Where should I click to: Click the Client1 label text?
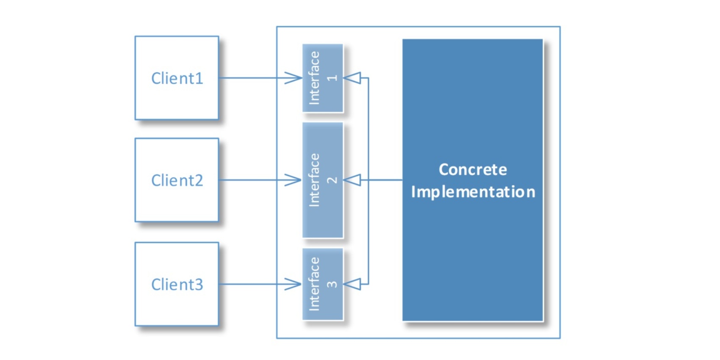[x=177, y=78]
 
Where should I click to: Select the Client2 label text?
[x=177, y=180]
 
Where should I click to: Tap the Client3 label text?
[x=177, y=284]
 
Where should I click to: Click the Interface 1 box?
[x=323, y=78]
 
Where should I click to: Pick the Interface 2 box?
[x=323, y=180]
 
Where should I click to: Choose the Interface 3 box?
[x=323, y=284]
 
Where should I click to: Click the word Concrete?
[x=473, y=169]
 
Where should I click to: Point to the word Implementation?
[x=473, y=192]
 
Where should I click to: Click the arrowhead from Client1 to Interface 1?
[x=294, y=78]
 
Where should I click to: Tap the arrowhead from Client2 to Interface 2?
[x=294, y=180]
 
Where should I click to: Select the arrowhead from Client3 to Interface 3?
[x=294, y=284]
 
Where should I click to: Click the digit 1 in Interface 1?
[x=332, y=78]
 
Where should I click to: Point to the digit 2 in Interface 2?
[x=332, y=180]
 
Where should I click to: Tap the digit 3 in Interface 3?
[x=332, y=285]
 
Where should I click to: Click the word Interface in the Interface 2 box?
[x=314, y=180]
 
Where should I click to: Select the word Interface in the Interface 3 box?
[x=314, y=284]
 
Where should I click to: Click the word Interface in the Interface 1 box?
[x=314, y=78]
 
